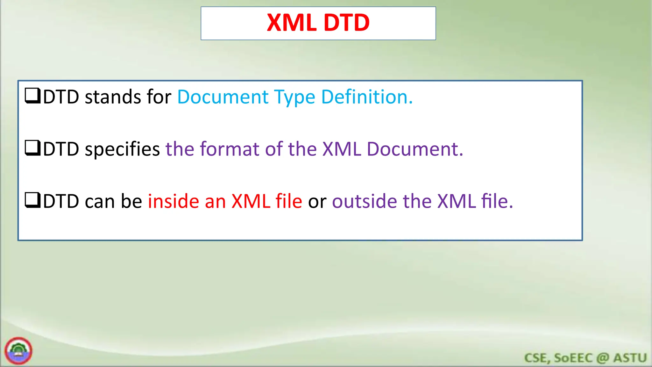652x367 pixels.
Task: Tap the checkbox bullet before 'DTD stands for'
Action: pyautogui.click(x=32, y=96)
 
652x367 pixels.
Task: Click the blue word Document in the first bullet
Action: pyautogui.click(x=223, y=97)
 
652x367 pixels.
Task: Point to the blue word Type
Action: pyautogui.click(x=294, y=97)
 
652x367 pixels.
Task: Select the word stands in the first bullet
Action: pyautogui.click(x=113, y=97)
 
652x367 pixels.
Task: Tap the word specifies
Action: pyautogui.click(x=122, y=149)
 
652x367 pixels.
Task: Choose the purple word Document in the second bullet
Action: pyautogui.click(x=415, y=149)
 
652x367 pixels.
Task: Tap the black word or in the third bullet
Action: pyautogui.click(x=317, y=202)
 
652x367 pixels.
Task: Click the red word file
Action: pyautogui.click(x=289, y=201)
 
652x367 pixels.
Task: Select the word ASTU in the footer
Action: pyautogui.click(x=630, y=358)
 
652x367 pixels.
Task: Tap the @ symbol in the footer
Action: pyautogui.click(x=603, y=358)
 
